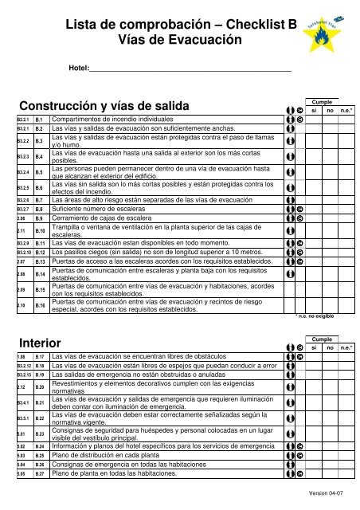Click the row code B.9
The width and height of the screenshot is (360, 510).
point(38,218)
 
